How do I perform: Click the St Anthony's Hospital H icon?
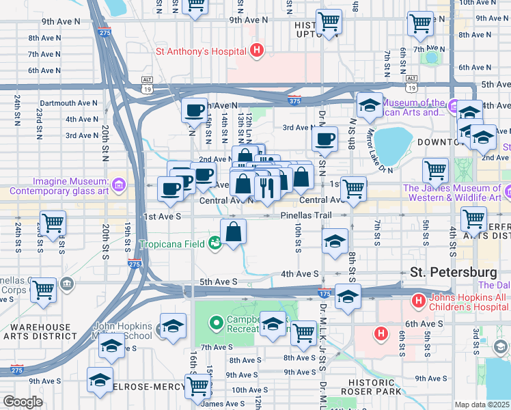pos(257,50)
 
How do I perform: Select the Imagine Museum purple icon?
pos(119,184)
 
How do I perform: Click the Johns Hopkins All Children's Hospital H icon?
pos(416,300)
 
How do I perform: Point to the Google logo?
pos(22,402)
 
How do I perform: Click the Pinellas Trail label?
pos(305,216)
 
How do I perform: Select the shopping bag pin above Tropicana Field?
pos(234,232)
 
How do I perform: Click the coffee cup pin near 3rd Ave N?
pos(324,139)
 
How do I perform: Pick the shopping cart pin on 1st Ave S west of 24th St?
pos(52,222)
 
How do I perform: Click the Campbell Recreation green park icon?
pos(216,320)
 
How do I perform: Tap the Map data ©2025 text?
pos(482,405)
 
